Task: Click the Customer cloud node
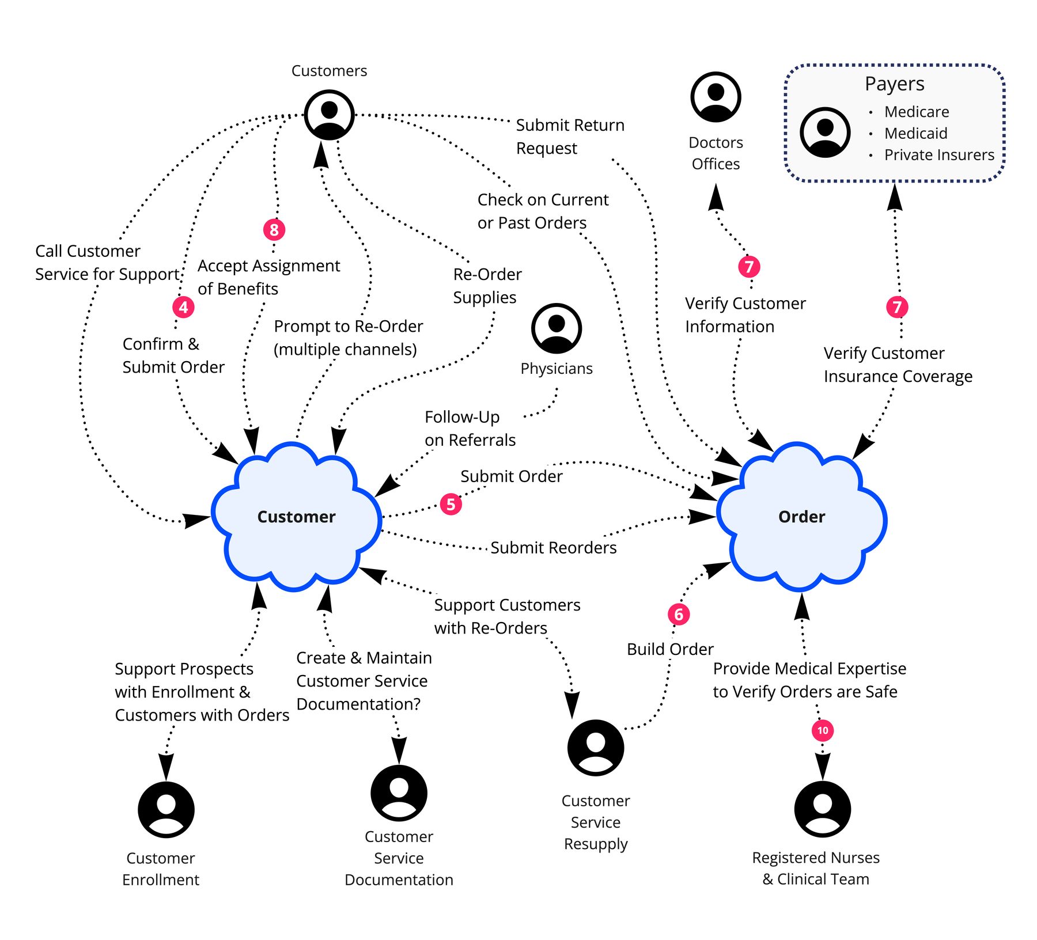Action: click(296, 517)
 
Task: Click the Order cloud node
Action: click(801, 517)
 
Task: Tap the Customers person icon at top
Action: click(329, 114)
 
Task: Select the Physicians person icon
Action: click(557, 328)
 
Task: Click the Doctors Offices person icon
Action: click(716, 97)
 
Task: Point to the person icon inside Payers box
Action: click(825, 132)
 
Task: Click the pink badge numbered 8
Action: click(274, 230)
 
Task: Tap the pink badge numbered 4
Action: click(183, 307)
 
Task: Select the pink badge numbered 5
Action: click(451, 504)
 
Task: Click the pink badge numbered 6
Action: click(679, 614)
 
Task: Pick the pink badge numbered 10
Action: click(823, 730)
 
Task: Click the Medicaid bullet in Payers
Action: click(915, 133)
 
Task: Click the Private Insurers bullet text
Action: click(939, 155)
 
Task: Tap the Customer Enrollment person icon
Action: click(166, 809)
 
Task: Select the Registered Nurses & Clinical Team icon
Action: click(823, 809)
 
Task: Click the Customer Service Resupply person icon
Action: click(596, 748)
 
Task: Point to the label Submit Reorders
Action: click(553, 547)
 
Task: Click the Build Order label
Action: click(670, 649)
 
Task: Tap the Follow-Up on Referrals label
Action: click(470, 428)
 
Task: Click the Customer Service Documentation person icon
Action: click(399, 793)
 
